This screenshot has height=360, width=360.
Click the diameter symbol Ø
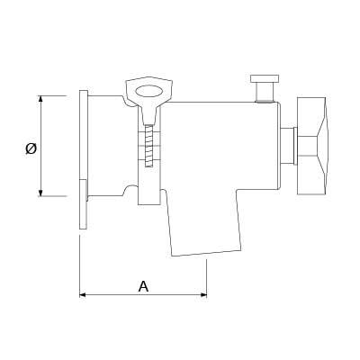(x=31, y=148)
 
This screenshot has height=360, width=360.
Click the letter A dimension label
(x=143, y=286)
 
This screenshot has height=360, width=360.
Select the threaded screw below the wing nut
(x=149, y=146)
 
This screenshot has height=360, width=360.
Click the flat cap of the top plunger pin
(x=265, y=78)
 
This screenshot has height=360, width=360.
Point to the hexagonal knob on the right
(x=312, y=146)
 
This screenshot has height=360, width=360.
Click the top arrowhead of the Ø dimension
(x=40, y=99)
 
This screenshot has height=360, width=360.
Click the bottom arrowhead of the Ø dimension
(x=40, y=193)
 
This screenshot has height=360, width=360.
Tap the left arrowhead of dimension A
(x=83, y=295)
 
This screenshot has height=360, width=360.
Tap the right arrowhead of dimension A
(x=203, y=295)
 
